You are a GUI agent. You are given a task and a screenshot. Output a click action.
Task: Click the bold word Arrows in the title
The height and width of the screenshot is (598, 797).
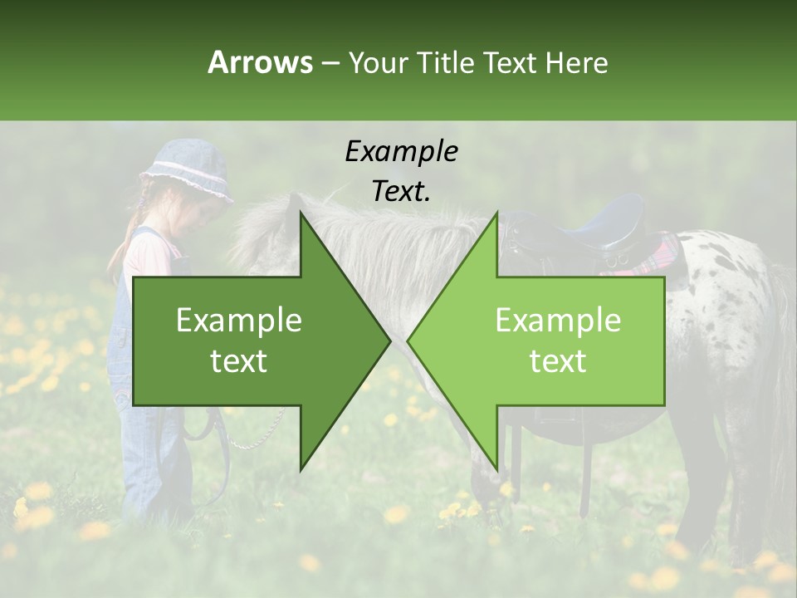tap(260, 62)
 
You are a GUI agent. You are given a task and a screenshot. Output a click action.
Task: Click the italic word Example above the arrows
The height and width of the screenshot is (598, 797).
tap(401, 151)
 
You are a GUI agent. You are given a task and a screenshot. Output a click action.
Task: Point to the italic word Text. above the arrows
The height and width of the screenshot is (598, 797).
tap(401, 191)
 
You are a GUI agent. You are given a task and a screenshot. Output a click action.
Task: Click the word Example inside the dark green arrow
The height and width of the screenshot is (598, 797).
tap(239, 321)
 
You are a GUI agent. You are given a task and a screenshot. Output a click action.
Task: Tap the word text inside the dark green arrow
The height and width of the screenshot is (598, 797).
tap(239, 361)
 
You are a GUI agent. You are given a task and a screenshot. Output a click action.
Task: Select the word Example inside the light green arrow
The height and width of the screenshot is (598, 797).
tap(558, 321)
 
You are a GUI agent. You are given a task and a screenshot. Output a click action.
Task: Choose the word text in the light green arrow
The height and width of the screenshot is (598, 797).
tap(558, 361)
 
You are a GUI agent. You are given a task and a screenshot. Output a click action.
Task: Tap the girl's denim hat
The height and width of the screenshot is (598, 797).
tap(187, 171)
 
